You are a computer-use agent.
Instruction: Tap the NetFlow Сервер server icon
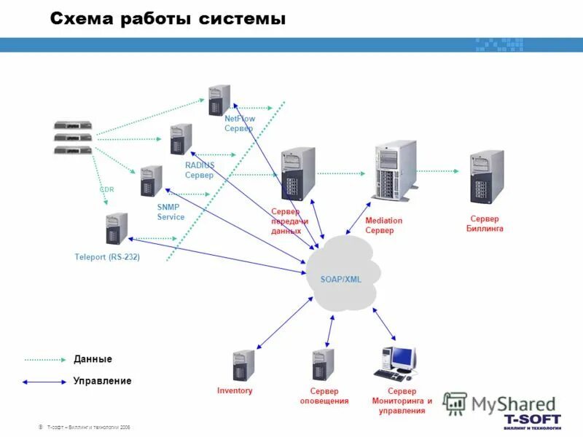pos(219,100)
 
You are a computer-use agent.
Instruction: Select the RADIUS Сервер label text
pos(200,170)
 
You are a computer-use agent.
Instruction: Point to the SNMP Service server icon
pos(151,181)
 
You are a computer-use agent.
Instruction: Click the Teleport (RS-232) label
pos(107,257)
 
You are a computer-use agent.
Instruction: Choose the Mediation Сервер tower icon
pos(394,170)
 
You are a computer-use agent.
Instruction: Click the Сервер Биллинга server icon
pos(486,177)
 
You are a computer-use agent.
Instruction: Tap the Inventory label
pos(235,391)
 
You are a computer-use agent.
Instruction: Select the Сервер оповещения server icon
pos(323,365)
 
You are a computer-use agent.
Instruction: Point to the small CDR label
pos(106,189)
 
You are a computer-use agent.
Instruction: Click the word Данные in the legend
pos(93,359)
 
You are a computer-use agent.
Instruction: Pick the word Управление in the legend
pos(102,381)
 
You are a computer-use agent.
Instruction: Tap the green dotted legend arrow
pos(44,359)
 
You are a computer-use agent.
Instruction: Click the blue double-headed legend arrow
pos(44,381)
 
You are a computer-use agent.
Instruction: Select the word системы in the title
pos(242,20)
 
